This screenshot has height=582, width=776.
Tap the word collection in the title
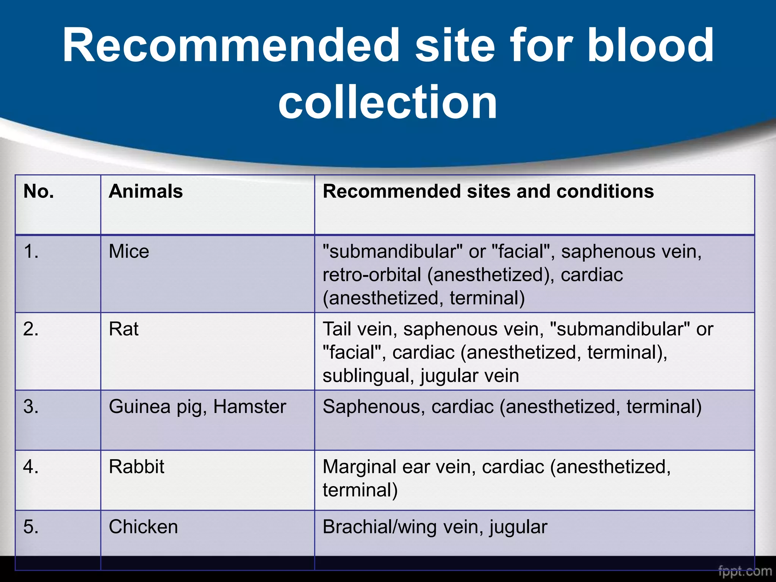[387, 102]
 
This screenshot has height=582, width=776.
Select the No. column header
[39, 191]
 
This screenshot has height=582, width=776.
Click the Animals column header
[146, 191]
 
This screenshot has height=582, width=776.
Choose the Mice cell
[129, 252]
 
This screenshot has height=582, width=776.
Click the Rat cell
[124, 329]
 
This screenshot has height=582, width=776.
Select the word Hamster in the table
[249, 407]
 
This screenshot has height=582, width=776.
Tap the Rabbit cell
[136, 466]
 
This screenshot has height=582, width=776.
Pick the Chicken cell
[143, 527]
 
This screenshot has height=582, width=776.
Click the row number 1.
[31, 252]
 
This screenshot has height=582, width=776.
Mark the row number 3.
[31, 407]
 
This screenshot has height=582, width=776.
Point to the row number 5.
[31, 527]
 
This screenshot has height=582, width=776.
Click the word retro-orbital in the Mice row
[372, 275]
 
